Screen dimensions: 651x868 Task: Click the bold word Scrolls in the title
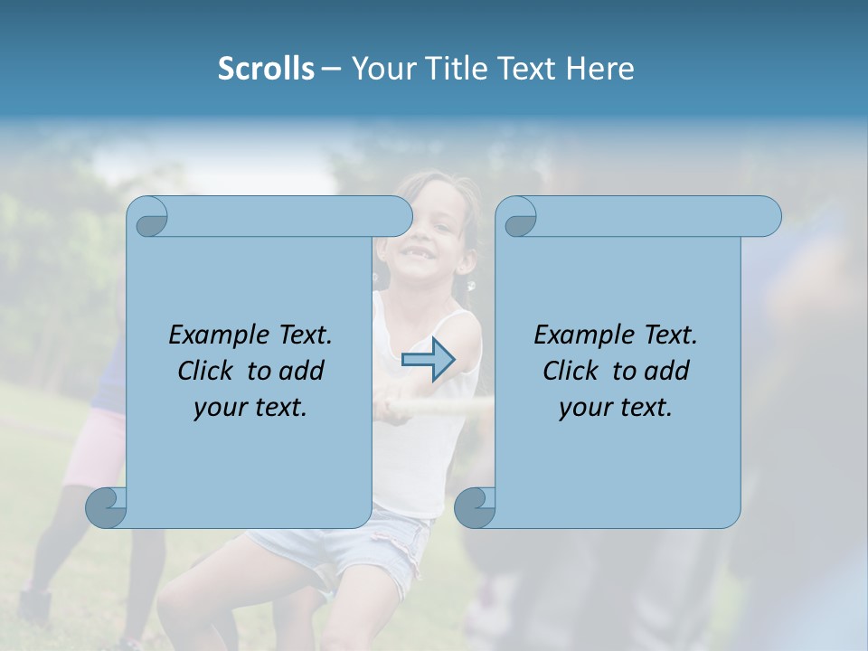point(266,69)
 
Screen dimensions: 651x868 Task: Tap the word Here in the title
point(600,69)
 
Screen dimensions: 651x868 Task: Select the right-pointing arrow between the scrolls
point(428,360)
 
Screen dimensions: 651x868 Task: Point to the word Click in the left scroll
point(204,371)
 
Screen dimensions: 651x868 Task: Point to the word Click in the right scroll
point(570,371)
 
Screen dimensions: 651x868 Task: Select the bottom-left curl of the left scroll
point(107,507)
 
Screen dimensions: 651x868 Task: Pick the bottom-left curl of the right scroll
point(475,507)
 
